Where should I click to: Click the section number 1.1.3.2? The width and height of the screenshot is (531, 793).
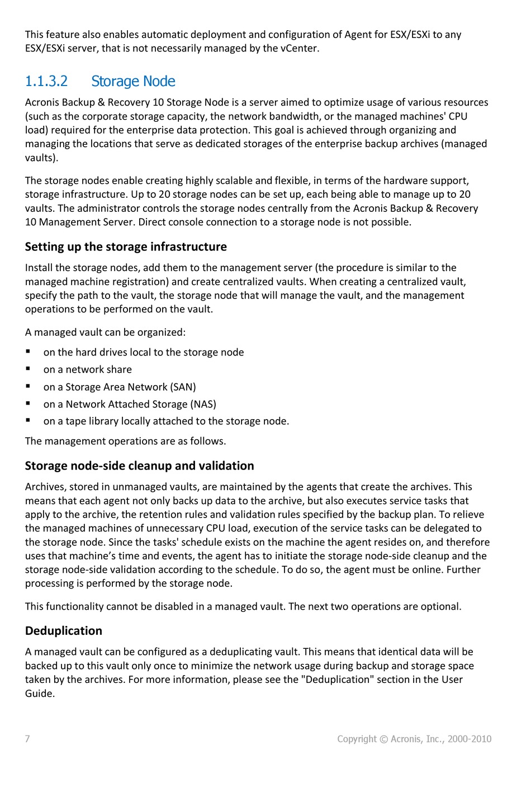(46, 82)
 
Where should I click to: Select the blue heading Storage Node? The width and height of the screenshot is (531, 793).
(133, 82)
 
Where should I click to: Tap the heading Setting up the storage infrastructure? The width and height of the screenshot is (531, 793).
(126, 247)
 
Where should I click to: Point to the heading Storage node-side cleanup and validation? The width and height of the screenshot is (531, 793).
(139, 466)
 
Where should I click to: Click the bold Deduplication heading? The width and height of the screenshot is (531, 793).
(63, 631)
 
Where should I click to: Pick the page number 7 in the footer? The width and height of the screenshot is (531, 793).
(27, 739)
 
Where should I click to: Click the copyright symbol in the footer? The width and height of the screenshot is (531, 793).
(383, 739)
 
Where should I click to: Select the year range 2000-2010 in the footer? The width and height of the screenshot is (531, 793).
(469, 739)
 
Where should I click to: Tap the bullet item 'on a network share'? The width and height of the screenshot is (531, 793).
(88, 369)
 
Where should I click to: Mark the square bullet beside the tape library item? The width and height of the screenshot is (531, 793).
(28, 421)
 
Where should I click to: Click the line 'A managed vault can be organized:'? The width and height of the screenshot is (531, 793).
(105, 333)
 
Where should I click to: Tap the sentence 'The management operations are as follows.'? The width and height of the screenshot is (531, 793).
(125, 441)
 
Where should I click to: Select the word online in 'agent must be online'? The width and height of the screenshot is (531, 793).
(425, 569)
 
